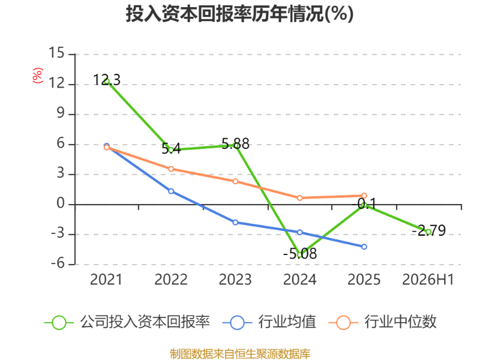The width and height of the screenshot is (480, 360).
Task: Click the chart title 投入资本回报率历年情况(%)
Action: click(239, 14)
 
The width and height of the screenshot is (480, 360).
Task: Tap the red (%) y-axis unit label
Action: click(38, 76)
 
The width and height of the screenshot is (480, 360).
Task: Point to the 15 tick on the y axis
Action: click(56, 53)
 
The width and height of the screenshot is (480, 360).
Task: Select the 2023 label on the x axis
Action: click(235, 280)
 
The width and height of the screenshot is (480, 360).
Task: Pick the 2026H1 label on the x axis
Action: click(428, 280)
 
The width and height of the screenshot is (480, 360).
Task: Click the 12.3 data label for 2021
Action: click(107, 80)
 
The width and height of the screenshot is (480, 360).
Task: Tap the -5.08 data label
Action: click(300, 253)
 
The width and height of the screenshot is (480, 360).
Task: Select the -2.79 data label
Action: click(428, 230)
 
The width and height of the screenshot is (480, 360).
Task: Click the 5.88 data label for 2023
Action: click(235, 143)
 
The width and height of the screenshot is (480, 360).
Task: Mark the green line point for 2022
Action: click(171, 150)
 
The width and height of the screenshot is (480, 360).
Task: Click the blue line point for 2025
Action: click(364, 247)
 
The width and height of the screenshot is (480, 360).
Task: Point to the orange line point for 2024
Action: click(299, 198)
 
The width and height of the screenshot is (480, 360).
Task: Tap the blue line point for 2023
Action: click(235, 223)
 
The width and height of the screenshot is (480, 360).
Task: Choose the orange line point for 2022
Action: click(171, 169)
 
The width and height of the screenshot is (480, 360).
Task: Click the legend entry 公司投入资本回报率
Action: click(127, 322)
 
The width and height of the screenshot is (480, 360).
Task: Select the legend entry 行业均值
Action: click(269, 322)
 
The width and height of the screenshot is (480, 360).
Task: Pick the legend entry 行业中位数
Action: click(382, 322)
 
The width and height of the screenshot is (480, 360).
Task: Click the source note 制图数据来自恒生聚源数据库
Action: click(240, 354)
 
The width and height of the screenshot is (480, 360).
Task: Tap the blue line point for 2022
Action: click(171, 191)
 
